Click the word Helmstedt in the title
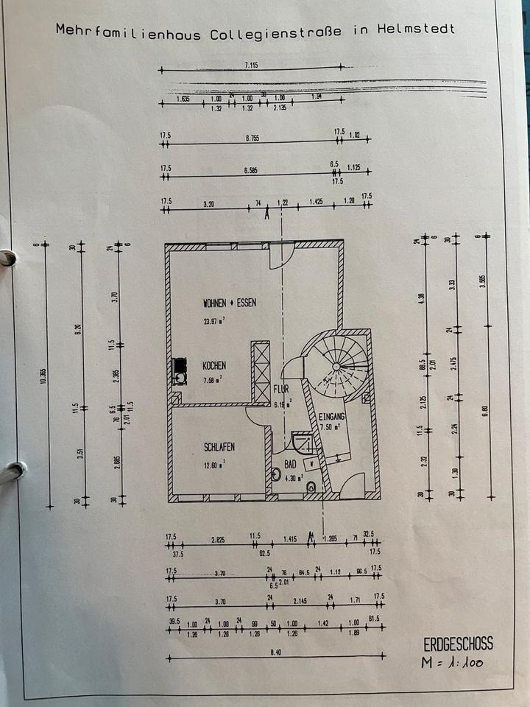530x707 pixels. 416,29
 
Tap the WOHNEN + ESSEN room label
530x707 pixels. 229,303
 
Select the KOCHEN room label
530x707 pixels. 214,365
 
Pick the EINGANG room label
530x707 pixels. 332,416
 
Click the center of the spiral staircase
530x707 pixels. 336,365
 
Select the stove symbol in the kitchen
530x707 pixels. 180,371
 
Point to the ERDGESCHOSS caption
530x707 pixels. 453,644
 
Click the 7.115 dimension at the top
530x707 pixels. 251,66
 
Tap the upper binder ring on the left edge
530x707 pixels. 6,258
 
